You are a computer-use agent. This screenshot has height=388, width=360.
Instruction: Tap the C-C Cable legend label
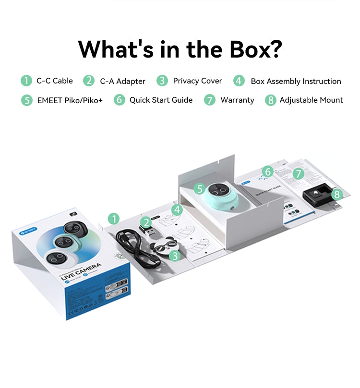pyautogui.click(x=54, y=81)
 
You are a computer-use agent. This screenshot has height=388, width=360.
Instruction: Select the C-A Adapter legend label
pyautogui.click(x=122, y=81)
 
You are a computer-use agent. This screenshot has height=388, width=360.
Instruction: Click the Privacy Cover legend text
pyautogui.click(x=197, y=81)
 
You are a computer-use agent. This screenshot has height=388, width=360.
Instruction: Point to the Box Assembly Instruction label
pyautogui.click(x=296, y=81)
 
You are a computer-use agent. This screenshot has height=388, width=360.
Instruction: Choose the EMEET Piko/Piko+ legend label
pyautogui.click(x=70, y=100)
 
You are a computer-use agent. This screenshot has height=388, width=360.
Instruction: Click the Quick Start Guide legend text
pyautogui.click(x=161, y=100)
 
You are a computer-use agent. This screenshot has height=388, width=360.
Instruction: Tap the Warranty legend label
pyautogui.click(x=237, y=100)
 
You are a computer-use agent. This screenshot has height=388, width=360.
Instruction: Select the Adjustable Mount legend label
pyautogui.click(x=311, y=100)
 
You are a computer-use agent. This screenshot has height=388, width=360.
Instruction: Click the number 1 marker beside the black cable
pyautogui.click(x=113, y=219)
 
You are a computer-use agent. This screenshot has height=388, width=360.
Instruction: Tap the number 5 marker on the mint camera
pyautogui.click(x=199, y=189)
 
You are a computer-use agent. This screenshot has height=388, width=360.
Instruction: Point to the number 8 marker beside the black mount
pyautogui.click(x=337, y=194)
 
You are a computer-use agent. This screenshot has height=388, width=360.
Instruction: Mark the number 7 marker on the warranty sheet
pyautogui.click(x=299, y=174)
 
